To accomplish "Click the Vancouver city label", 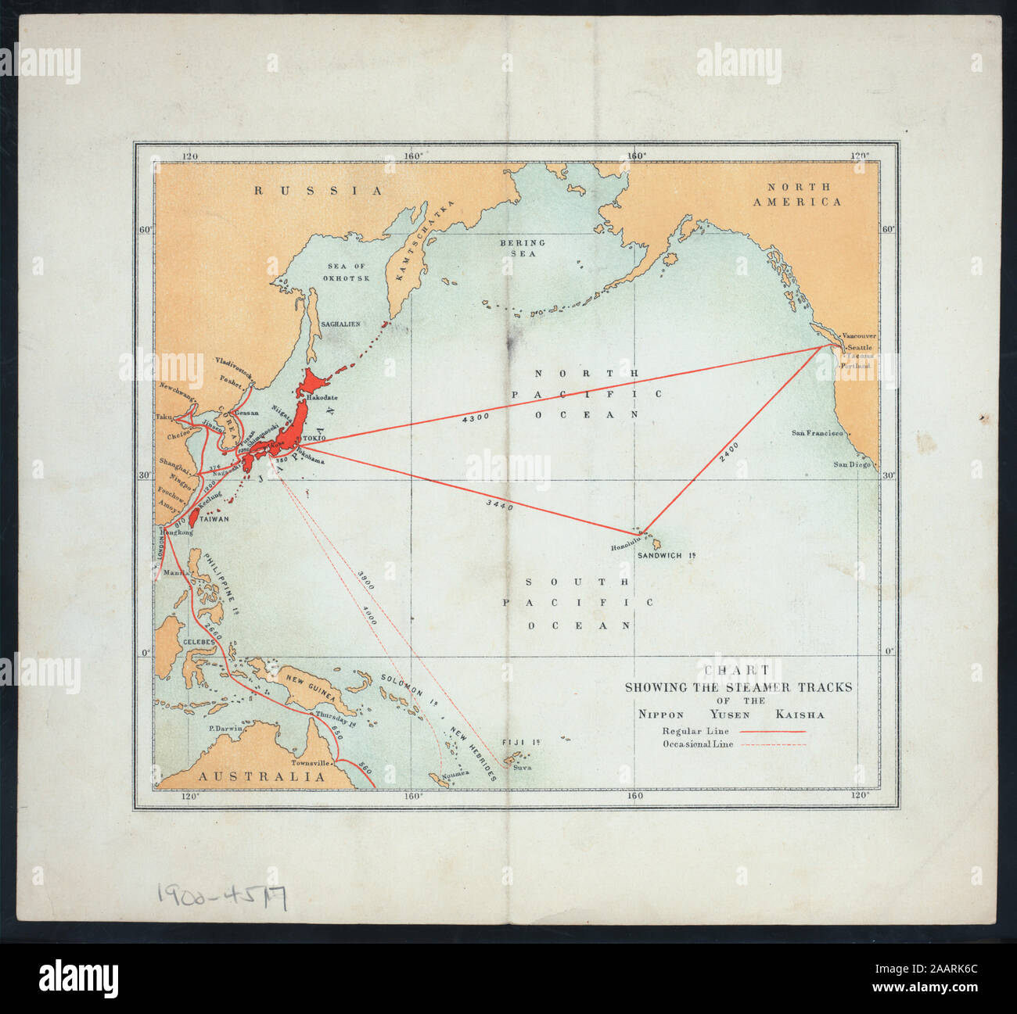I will pos(861,336).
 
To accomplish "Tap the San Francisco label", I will pos(817,433).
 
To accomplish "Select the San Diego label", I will pos(850,464).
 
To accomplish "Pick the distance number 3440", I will pos(499,506).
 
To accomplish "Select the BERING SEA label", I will pos(523,248).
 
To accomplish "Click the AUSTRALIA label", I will pos(261,777).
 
